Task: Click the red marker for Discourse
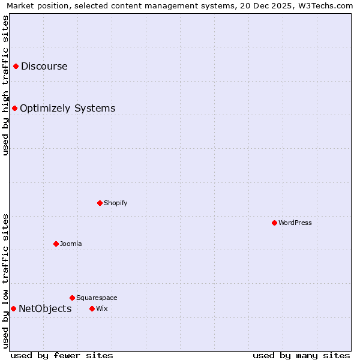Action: tap(16, 66)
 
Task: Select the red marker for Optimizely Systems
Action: tap(14, 108)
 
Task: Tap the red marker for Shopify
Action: tap(100, 203)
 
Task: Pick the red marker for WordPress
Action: tap(274, 223)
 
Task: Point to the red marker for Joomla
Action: tap(56, 244)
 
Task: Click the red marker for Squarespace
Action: tap(72, 298)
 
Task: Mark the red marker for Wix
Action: tap(92, 308)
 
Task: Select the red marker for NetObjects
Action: tap(13, 308)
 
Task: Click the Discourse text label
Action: tap(44, 66)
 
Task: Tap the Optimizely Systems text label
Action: tap(67, 108)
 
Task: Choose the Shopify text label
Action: tap(115, 203)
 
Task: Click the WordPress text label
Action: tap(295, 223)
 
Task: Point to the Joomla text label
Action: tap(71, 244)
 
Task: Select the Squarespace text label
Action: tap(97, 298)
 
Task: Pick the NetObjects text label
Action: tap(45, 308)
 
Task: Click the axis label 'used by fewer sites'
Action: tap(62, 355)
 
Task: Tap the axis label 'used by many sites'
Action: tap(301, 355)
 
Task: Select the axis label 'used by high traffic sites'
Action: tap(5, 85)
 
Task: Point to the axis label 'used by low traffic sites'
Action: tap(5, 281)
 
